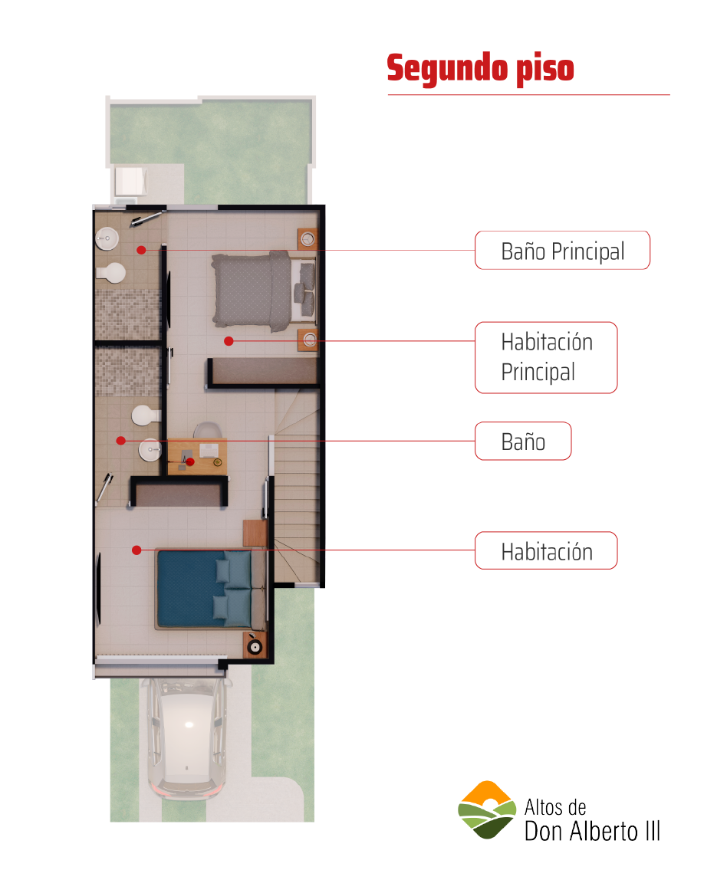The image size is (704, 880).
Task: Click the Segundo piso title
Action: (x=481, y=68)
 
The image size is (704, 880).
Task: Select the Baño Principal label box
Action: (x=562, y=251)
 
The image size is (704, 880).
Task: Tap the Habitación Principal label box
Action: (x=546, y=357)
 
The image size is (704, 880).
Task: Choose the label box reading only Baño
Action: (x=523, y=441)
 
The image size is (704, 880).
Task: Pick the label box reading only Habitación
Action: (x=546, y=550)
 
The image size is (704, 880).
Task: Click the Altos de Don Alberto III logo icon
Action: (x=487, y=809)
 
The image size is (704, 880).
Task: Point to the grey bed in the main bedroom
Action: (x=264, y=290)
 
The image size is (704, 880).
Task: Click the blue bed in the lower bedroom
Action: (x=211, y=589)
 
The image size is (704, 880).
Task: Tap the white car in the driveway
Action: (x=187, y=738)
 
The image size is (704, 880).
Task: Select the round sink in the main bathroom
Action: (x=107, y=238)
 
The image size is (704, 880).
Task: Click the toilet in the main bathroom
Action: (x=111, y=273)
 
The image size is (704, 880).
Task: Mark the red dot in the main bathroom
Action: (x=141, y=251)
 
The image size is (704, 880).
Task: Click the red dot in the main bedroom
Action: (x=229, y=340)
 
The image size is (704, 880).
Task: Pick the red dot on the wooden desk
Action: (x=190, y=462)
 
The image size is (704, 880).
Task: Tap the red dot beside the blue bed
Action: (x=137, y=550)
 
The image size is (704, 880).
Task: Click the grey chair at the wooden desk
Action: (x=207, y=430)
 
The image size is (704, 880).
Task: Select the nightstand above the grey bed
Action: (x=307, y=239)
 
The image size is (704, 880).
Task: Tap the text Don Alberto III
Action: (x=592, y=831)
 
